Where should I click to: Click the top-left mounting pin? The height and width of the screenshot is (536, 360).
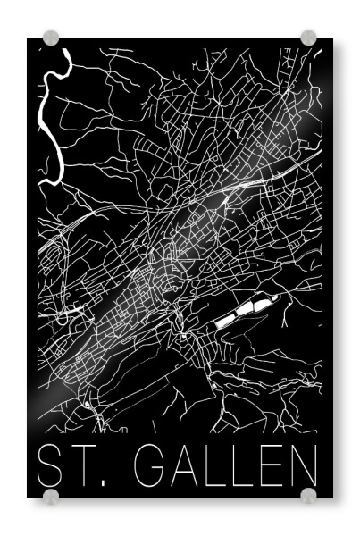pyautogui.click(x=51, y=38)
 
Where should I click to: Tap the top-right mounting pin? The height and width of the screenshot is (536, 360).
pyautogui.click(x=308, y=38)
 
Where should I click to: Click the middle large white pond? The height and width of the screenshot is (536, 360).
pyautogui.click(x=245, y=311)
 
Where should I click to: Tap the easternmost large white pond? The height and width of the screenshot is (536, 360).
pyautogui.click(x=262, y=305)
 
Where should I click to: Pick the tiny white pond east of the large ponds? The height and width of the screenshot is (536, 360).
pyautogui.click(x=280, y=297)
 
